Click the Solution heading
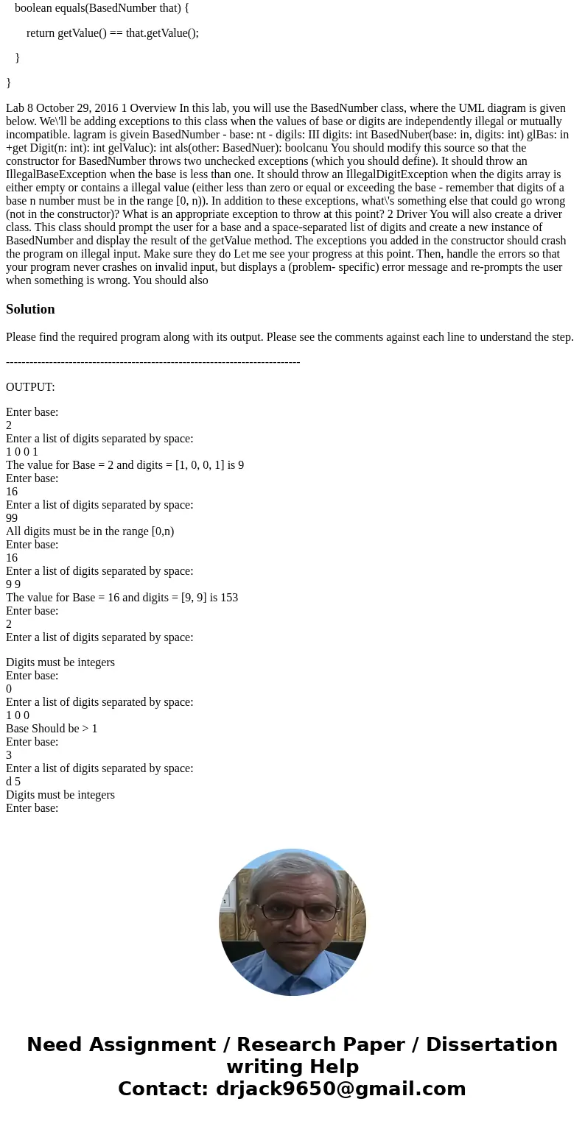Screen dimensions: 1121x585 30,309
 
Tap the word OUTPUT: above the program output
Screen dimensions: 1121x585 30,387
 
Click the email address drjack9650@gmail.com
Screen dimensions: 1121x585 340,1089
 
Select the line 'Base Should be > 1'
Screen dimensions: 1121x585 52,729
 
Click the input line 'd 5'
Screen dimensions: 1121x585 13,782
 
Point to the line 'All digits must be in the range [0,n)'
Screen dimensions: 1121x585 90,531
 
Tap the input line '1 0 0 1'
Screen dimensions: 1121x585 22,452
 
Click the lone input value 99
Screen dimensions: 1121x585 12,518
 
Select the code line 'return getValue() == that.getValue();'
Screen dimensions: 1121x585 113,33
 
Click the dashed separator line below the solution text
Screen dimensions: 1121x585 153,362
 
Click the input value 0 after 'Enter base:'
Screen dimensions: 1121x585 9,689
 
